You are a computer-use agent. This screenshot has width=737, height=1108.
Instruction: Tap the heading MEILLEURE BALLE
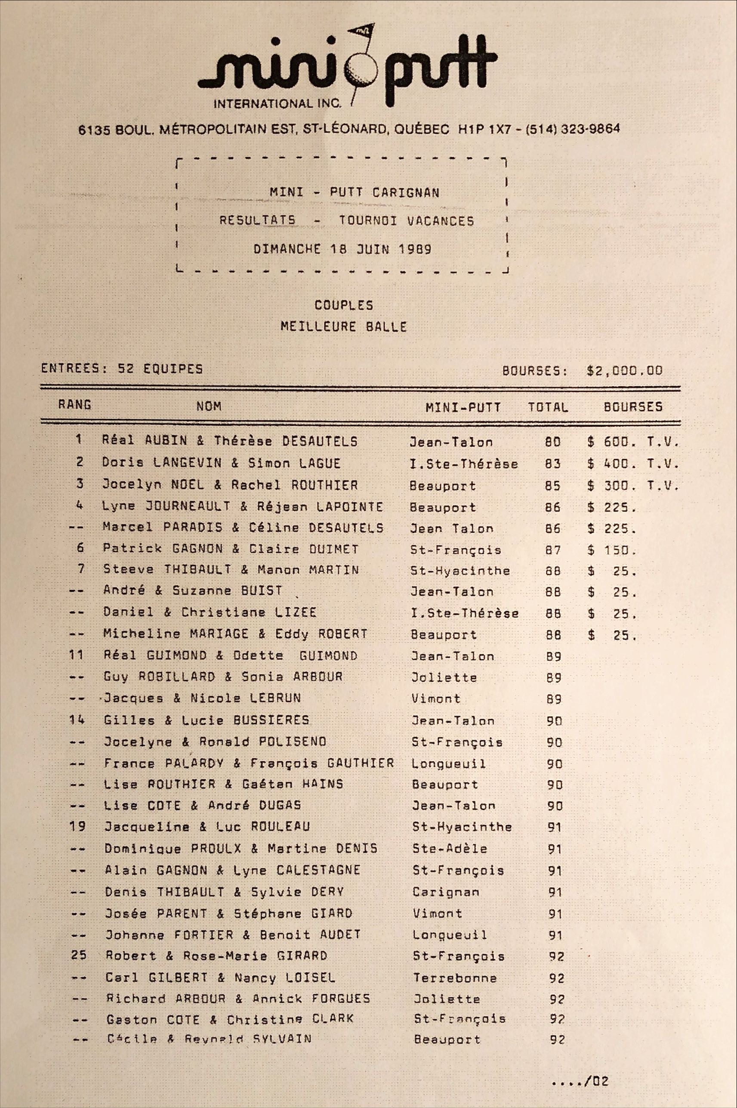(x=344, y=326)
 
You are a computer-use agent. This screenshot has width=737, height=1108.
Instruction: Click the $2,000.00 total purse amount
(x=624, y=370)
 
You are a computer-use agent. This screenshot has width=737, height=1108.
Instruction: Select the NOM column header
(x=209, y=406)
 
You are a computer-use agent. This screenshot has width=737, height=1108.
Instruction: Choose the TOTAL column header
(x=548, y=407)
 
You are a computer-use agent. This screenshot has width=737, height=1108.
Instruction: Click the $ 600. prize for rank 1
(x=611, y=442)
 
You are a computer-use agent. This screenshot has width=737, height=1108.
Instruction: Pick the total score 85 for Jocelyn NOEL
(x=553, y=485)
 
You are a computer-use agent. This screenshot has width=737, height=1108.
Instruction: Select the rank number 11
(x=76, y=655)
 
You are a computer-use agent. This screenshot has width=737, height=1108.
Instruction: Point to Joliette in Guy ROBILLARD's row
(x=444, y=677)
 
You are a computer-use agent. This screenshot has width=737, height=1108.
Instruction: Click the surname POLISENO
(x=293, y=742)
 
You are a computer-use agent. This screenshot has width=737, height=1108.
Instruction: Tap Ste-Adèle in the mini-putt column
(x=449, y=849)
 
